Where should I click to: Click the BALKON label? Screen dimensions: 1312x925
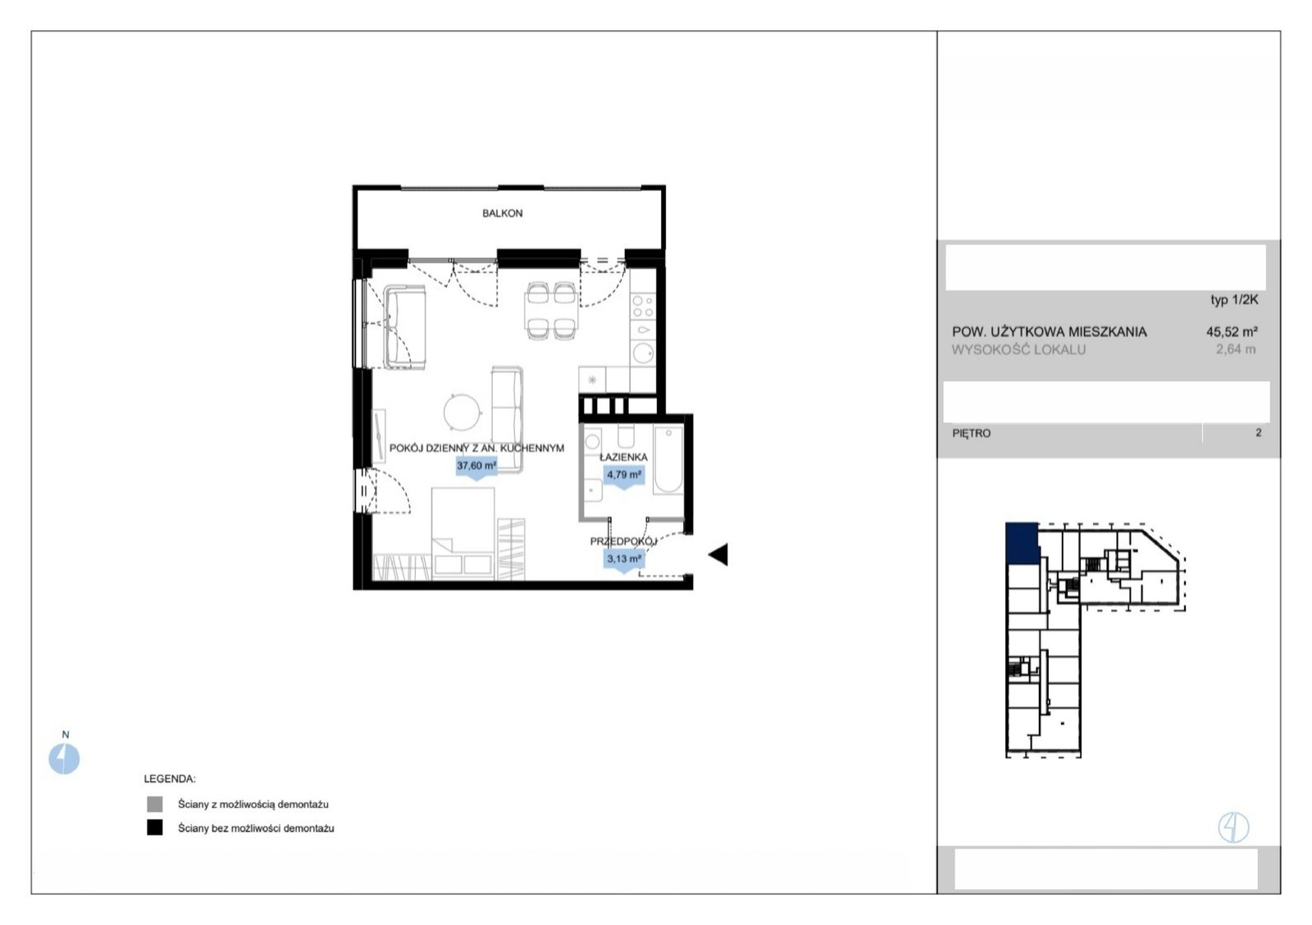click(502, 213)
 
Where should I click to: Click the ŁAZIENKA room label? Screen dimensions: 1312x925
click(623, 456)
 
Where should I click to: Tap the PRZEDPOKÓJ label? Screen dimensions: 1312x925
click(623, 541)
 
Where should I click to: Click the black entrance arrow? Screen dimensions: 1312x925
click(718, 554)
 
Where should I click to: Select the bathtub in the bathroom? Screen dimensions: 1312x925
click(668, 460)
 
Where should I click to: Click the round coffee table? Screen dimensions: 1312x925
click(462, 411)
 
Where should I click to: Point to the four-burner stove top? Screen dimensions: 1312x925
click(643, 306)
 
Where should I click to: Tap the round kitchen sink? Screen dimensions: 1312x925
click(643, 353)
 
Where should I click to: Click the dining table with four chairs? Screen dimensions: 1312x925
click(551, 311)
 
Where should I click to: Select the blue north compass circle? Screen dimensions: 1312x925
click(64, 759)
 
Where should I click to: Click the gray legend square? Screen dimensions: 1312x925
click(155, 804)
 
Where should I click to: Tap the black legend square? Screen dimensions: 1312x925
click(155, 827)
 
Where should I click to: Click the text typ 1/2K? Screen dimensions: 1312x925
click(1234, 300)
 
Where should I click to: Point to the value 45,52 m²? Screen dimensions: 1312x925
click(1232, 331)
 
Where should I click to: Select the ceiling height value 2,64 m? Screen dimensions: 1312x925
click(1236, 349)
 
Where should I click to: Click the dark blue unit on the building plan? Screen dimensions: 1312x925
click(1022, 543)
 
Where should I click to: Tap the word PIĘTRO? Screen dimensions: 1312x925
click(971, 434)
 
